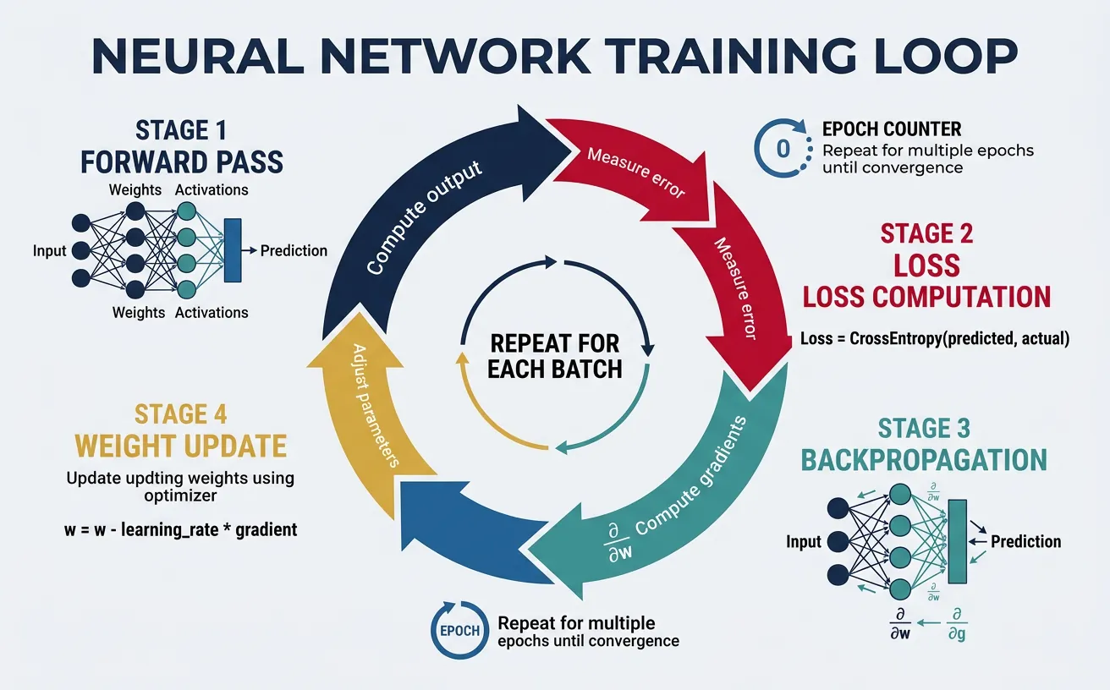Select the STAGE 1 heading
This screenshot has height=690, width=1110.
(x=182, y=131)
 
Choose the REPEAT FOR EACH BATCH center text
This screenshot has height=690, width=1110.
(x=554, y=356)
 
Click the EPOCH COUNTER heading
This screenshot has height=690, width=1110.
(x=892, y=129)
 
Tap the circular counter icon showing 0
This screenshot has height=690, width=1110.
(x=782, y=148)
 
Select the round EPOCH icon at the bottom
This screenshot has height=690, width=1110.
(x=459, y=631)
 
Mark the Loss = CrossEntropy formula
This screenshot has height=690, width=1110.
(x=935, y=339)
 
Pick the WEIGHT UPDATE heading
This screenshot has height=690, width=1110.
(x=181, y=445)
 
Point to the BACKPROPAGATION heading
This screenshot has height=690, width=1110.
(x=924, y=459)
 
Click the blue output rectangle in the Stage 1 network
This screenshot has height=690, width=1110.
(x=232, y=249)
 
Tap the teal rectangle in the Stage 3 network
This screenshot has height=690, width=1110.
(x=958, y=541)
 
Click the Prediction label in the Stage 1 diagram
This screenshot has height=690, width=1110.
(x=294, y=250)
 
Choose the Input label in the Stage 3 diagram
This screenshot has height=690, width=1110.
(x=804, y=541)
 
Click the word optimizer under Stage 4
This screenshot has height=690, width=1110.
(x=180, y=496)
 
